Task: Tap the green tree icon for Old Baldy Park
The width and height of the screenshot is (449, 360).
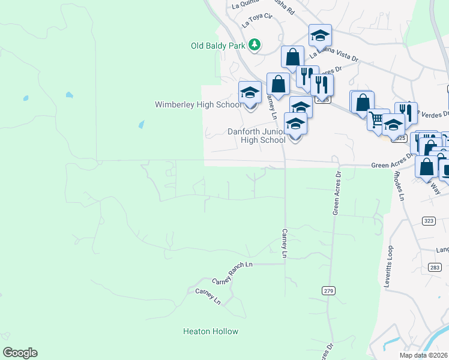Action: click(255, 44)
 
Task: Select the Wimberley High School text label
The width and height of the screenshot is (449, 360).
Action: click(198, 104)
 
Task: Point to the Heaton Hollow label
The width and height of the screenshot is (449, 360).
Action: click(211, 331)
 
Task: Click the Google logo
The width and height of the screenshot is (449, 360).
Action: click(20, 353)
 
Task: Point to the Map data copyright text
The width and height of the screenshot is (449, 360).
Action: click(424, 355)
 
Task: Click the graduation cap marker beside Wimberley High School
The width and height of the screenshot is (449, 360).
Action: click(250, 92)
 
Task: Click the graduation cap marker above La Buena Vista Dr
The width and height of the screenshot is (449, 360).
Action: click(321, 35)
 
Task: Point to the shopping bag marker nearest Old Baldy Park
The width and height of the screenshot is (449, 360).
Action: click(292, 58)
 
